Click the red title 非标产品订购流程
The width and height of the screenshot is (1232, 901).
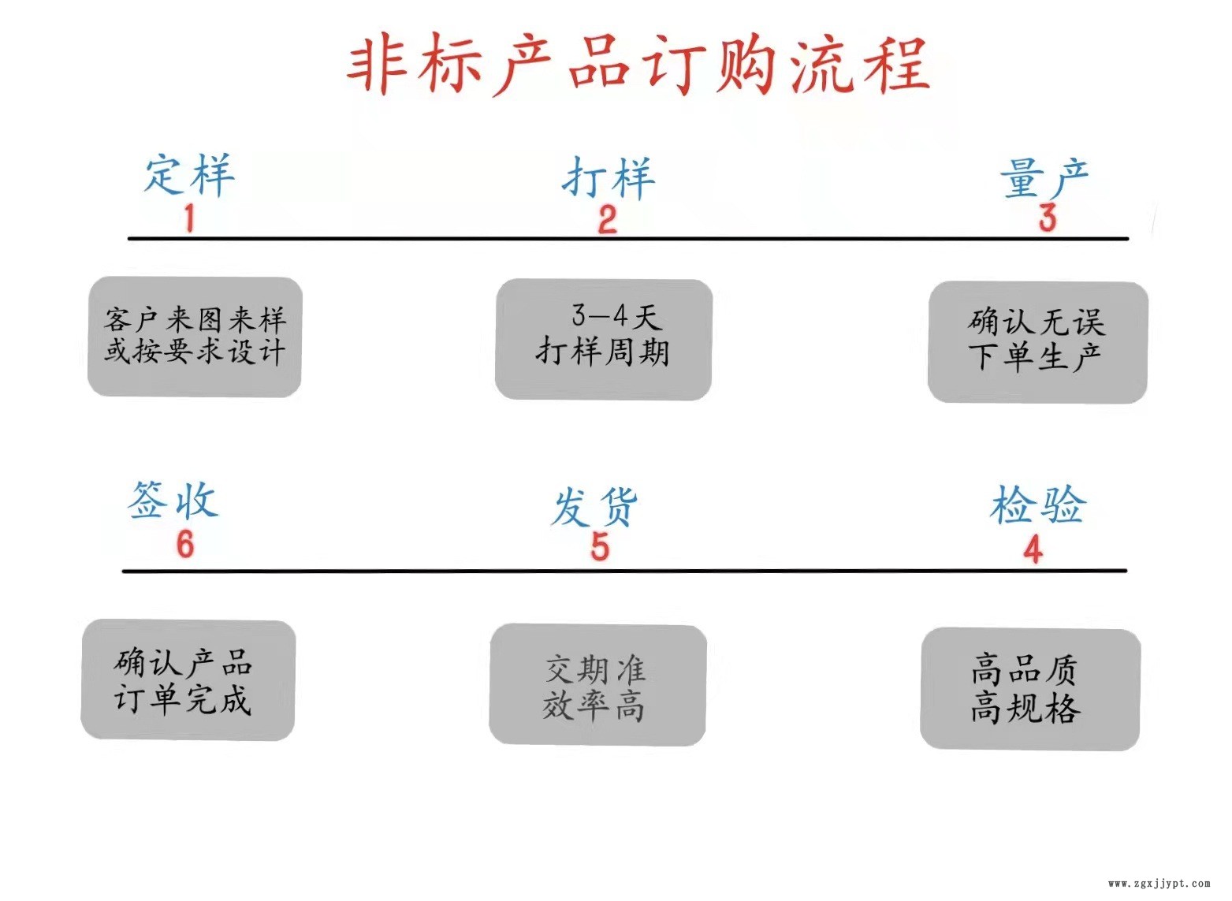pos(638,65)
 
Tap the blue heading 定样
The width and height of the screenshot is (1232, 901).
pos(189,174)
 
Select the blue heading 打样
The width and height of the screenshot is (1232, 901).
pos(608,178)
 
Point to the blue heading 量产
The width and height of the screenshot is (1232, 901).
pos(1044,178)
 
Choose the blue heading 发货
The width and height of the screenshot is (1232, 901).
pos(594,506)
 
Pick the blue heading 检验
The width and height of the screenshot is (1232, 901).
pos(1037,504)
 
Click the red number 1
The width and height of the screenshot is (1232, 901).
pos(189,218)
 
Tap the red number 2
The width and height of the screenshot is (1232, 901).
pos(607,219)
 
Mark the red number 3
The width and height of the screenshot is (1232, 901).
pos(1047,218)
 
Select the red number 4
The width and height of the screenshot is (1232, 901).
pos(1033,549)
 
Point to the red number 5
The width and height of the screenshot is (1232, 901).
pos(600,546)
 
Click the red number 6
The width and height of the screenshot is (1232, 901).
pos(185,544)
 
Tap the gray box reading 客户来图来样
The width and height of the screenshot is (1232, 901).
pos(195,337)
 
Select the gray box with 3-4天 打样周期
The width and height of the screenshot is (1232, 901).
pos(604,339)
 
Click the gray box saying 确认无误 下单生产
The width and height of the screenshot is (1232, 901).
pos(1037,342)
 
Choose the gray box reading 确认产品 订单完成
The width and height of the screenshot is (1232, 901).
pos(188,679)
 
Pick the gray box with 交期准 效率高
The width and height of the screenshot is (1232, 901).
pos(597,684)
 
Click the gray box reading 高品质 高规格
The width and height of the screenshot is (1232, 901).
pos(1029,688)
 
